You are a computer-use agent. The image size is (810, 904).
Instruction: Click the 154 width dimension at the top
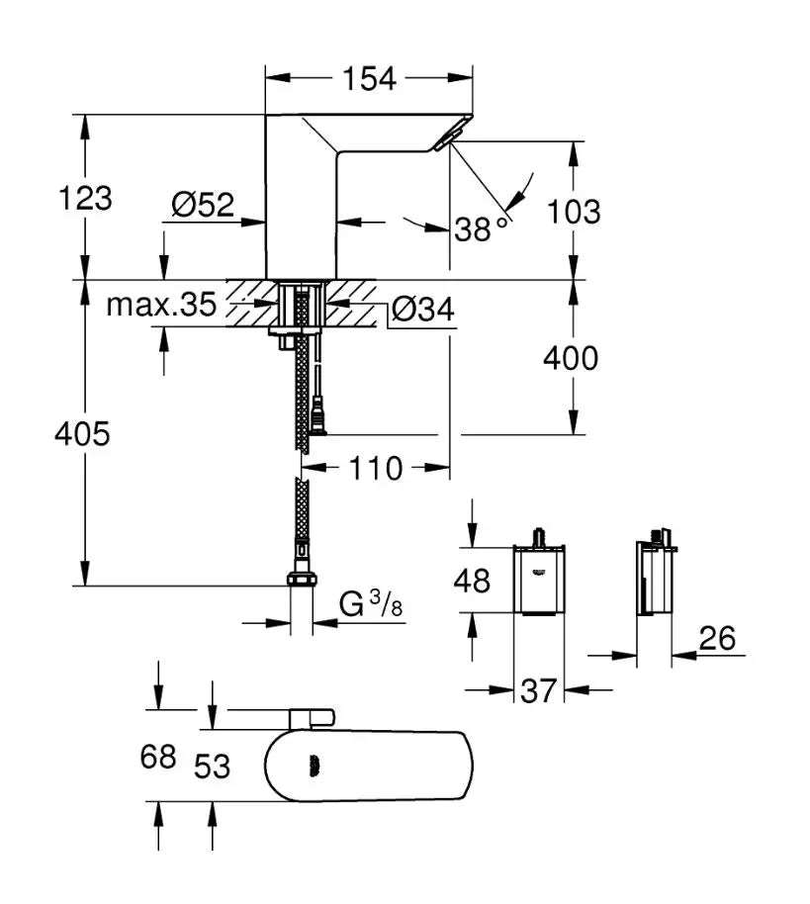(369, 78)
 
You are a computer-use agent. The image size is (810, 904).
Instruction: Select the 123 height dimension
(85, 198)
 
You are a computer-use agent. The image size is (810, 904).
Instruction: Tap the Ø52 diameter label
(203, 204)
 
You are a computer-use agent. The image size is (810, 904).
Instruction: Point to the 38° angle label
(481, 227)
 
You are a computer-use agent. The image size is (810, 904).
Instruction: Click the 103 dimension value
(573, 212)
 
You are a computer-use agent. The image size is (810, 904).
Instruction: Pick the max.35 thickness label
(161, 305)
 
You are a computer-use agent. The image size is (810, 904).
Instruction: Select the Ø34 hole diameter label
(422, 309)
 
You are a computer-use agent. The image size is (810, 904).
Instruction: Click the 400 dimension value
(571, 358)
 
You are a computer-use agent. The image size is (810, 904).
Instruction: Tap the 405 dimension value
(82, 433)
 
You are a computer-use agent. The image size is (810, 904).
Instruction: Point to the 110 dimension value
(375, 468)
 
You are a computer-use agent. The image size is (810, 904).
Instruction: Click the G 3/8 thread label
(371, 603)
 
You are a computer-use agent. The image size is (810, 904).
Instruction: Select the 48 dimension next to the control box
(472, 581)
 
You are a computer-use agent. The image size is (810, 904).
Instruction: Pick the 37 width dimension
(538, 690)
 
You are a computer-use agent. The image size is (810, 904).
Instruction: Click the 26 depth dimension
(718, 638)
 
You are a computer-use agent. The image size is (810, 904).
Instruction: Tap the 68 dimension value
(158, 757)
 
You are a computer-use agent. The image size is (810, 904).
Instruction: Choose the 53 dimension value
(212, 767)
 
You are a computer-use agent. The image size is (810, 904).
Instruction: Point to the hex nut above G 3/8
(302, 580)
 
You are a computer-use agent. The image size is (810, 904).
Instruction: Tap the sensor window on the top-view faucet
(315, 766)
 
